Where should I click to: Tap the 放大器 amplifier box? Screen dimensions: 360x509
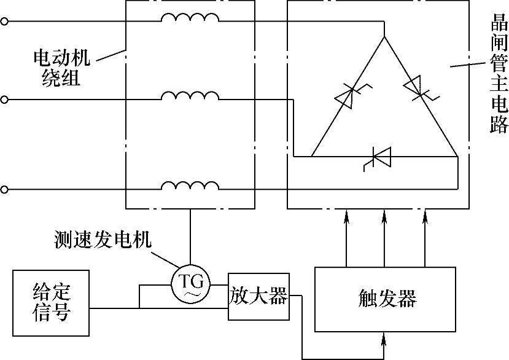[x=258, y=297]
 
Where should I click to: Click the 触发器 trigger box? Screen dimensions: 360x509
[x=386, y=299]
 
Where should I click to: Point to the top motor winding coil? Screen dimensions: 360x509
[x=190, y=19]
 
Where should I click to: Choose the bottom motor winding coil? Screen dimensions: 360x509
[x=190, y=186]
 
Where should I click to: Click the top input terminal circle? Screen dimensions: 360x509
[x=5, y=22]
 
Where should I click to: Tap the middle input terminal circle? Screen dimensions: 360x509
[x=5, y=100]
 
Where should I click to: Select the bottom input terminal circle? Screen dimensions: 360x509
[x=5, y=190]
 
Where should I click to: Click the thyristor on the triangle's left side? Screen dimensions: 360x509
[x=346, y=96]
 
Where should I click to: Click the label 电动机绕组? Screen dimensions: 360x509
[x=61, y=68]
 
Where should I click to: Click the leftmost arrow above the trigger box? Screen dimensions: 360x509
[x=347, y=216]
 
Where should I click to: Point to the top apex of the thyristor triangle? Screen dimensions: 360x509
[x=385, y=37]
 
